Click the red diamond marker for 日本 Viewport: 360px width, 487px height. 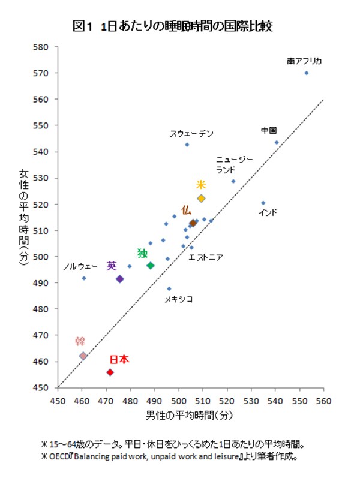coord(110,372)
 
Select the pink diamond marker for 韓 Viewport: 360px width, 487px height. coord(83,356)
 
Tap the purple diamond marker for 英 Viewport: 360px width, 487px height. coord(120,279)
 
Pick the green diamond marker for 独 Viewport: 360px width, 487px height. coord(151,266)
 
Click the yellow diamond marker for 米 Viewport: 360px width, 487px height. coord(202,198)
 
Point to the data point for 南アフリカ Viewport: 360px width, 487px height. coord(307,73)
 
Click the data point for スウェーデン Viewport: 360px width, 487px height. coord(187,145)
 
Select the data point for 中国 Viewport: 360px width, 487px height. coord(277,142)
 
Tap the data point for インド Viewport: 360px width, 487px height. coord(263,203)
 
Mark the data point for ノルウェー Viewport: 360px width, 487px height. coord(84,278)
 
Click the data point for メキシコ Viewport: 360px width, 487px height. coord(169,288)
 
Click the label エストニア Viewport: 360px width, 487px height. coord(206,258)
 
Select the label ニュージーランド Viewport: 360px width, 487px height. coord(235,164)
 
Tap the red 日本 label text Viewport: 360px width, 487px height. coord(119,360)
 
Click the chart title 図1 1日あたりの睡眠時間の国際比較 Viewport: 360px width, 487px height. coord(177,25)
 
